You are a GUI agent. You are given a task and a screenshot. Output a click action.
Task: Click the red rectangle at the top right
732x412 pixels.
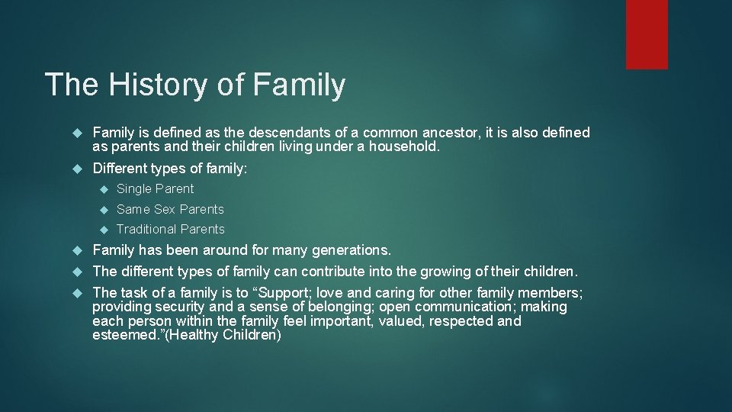pos(647,34)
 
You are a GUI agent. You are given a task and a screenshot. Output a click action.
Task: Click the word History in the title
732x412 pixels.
pos(157,85)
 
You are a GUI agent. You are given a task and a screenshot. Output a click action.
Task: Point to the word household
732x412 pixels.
pos(402,146)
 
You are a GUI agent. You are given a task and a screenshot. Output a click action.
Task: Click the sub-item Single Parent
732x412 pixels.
pos(155,188)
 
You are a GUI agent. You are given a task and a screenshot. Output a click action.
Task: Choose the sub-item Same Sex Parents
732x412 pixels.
pos(170,209)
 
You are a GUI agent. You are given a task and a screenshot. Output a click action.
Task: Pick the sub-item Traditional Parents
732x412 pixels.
pos(170,229)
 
